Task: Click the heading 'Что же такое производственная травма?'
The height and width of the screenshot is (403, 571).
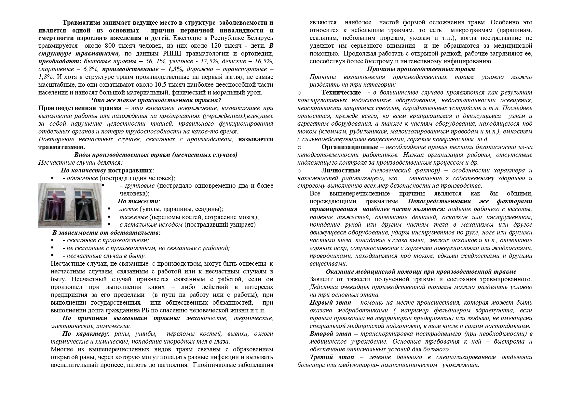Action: (156, 100)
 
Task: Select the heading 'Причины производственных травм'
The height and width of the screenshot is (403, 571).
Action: (421, 69)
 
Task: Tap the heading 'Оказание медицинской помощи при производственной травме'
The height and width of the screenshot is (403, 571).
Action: (421, 271)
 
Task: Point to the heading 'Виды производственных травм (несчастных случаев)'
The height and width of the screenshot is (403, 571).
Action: (156, 155)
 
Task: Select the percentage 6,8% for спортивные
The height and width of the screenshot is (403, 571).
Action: (89, 69)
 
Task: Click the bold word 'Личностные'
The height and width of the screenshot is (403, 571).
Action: (341, 170)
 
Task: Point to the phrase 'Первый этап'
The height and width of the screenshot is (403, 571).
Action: (330, 303)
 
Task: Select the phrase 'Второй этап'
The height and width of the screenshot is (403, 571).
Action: (330, 334)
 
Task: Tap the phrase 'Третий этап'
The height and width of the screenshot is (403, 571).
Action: (331, 357)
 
